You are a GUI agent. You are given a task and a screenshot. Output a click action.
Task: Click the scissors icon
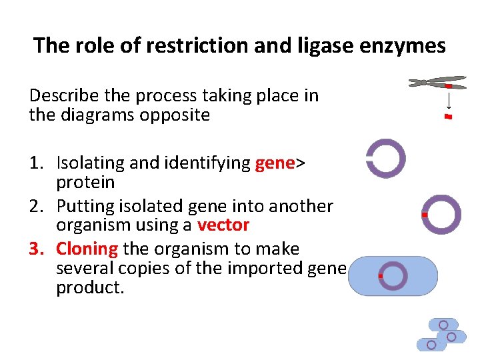437,82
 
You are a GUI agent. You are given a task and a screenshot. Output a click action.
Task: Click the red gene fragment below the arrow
448,117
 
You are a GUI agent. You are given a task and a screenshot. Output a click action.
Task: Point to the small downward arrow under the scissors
449,101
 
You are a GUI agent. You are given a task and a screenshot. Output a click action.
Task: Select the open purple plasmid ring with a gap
386,159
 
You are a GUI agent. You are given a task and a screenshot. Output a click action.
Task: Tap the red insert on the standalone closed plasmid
425,215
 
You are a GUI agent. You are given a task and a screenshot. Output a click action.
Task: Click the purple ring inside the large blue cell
393,275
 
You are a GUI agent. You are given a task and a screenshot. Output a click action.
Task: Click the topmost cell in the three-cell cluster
443,325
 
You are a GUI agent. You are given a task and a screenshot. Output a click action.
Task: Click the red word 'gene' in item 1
275,163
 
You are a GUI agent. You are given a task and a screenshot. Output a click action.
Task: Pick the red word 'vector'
223,225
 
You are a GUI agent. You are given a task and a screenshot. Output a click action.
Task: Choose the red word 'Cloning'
87,249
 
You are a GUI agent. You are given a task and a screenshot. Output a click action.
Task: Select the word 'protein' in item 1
85,182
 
